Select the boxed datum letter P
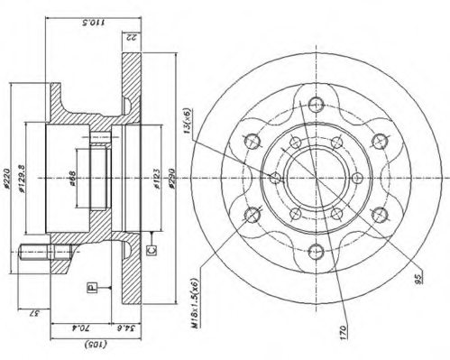coord(91,287)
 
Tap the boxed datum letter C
coord(152,243)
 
